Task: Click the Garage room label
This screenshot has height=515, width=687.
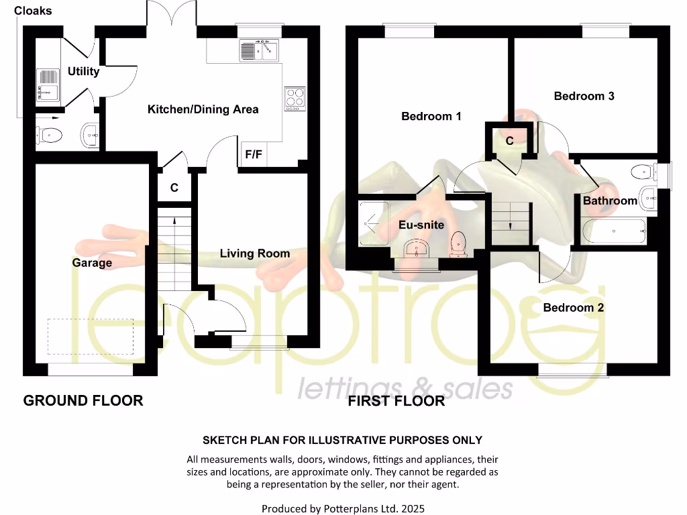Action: click(x=92, y=263)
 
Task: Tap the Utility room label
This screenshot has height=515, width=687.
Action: click(x=83, y=71)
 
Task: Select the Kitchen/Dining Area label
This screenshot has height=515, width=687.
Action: click(x=203, y=109)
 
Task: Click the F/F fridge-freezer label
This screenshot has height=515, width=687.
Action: click(x=254, y=154)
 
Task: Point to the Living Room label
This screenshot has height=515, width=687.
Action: click(x=255, y=253)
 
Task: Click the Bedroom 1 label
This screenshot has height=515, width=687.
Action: click(x=431, y=117)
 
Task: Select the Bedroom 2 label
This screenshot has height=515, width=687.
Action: click(x=573, y=308)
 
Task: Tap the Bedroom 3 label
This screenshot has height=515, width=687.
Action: click(x=584, y=96)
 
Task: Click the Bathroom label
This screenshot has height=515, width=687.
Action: click(x=610, y=201)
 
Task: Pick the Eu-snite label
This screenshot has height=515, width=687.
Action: click(x=421, y=225)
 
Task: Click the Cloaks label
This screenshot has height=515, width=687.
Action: click(x=33, y=11)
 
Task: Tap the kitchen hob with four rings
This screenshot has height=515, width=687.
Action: click(x=295, y=98)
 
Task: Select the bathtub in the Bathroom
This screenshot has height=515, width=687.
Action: click(x=615, y=232)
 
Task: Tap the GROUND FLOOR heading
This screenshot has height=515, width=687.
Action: click(x=83, y=401)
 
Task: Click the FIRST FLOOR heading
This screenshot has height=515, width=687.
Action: click(x=396, y=402)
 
